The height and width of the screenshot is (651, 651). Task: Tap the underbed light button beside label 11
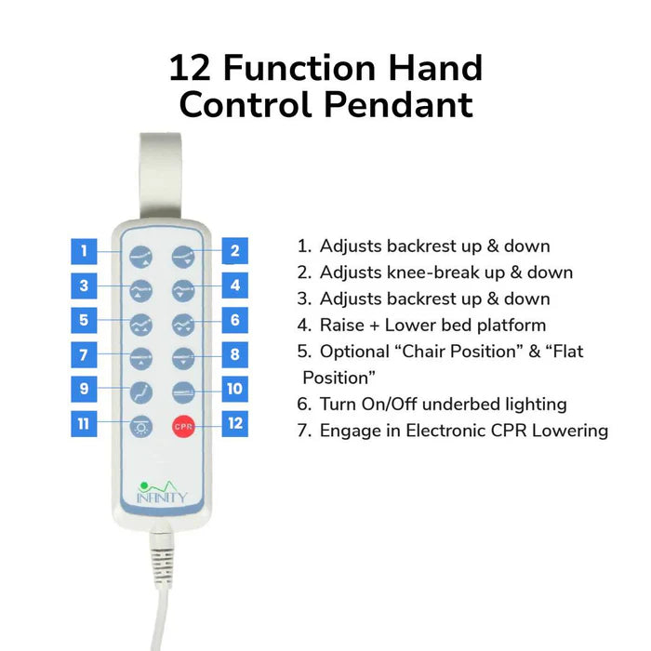pos(141,427)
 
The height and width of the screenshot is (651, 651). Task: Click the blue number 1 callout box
pos(84,251)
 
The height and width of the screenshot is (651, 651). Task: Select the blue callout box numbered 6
pos(235,320)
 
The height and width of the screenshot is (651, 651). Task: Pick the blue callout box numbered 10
pos(235,389)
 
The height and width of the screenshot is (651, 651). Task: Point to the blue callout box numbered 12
pos(235,423)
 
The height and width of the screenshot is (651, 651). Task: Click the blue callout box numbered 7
pos(84,354)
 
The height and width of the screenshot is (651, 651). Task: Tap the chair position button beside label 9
pos(141,392)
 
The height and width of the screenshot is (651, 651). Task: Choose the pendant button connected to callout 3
pos(141,290)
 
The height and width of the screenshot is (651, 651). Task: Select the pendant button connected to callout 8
pos(183,358)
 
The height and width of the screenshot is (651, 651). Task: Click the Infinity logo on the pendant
pos(162,492)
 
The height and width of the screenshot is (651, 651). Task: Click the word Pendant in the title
pos(399,104)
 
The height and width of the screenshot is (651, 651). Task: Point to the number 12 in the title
pos(190,68)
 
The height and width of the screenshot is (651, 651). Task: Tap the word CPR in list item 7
pos(510,431)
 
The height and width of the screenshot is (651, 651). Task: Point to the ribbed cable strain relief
pos(162,561)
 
